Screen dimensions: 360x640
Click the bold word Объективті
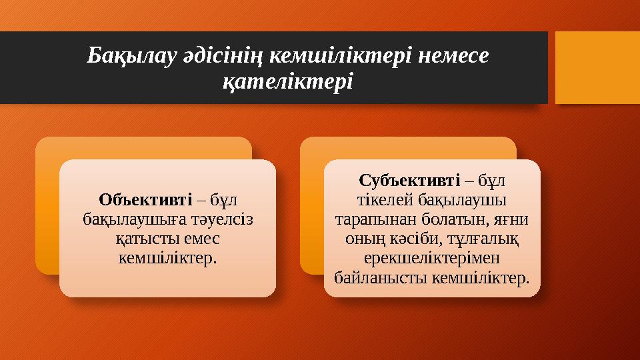[145, 199]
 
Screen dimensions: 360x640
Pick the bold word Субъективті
[409, 180]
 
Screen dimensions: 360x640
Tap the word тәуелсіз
[223, 218]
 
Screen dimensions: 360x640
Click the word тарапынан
[365, 219]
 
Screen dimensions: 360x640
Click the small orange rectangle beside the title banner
[597, 67]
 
